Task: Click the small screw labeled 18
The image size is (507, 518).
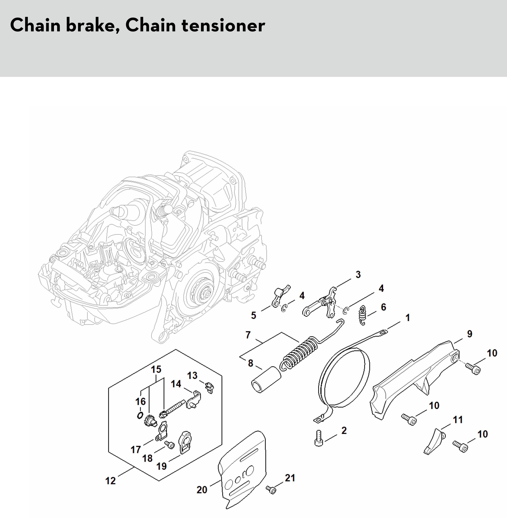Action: pos(169,444)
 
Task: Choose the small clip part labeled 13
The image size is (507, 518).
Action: pos(210,387)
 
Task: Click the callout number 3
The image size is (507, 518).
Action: pos(358,274)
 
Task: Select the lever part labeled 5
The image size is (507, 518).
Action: pos(279,296)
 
